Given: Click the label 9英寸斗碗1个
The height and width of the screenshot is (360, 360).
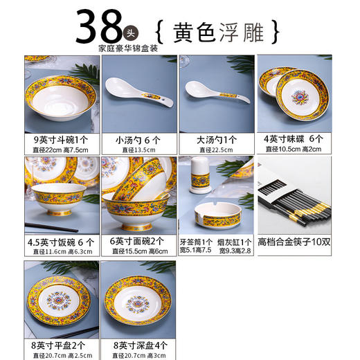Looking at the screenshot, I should click(x=60, y=138).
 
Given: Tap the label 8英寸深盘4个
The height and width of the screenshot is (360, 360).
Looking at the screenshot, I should click(x=138, y=344).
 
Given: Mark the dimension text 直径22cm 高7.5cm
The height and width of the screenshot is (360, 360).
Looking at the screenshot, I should click(x=60, y=149).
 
